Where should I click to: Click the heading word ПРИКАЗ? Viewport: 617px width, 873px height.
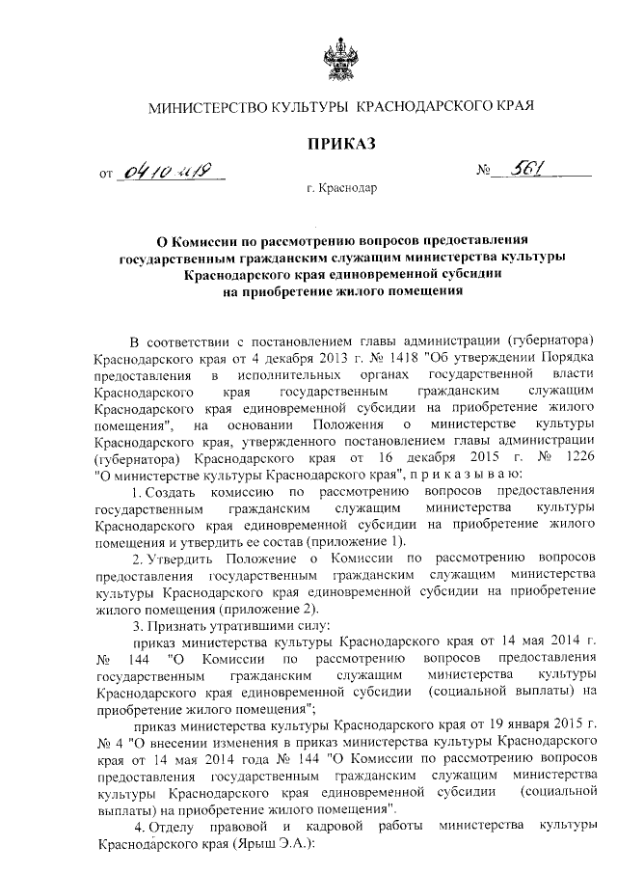point(339,145)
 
